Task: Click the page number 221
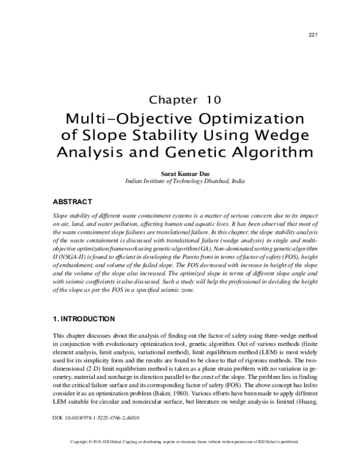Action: pyautogui.click(x=312, y=34)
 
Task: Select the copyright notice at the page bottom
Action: pyautogui.click(x=179, y=458)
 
